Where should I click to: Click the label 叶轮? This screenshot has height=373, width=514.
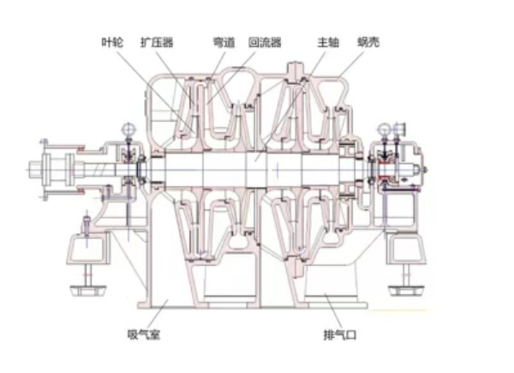tap(112, 42)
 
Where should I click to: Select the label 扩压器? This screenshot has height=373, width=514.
tap(157, 42)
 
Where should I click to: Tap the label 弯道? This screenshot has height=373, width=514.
tap(224, 42)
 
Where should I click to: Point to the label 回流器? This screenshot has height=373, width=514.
tap(265, 42)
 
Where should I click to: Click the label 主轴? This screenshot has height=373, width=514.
tap(328, 42)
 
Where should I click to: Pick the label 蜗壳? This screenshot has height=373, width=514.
tap(368, 42)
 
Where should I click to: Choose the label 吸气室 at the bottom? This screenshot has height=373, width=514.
tap(144, 334)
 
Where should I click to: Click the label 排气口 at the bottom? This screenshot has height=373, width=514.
tap(339, 335)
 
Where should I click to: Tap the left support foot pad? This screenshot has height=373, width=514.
tap(88, 290)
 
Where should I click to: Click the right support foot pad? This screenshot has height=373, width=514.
tap(406, 290)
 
